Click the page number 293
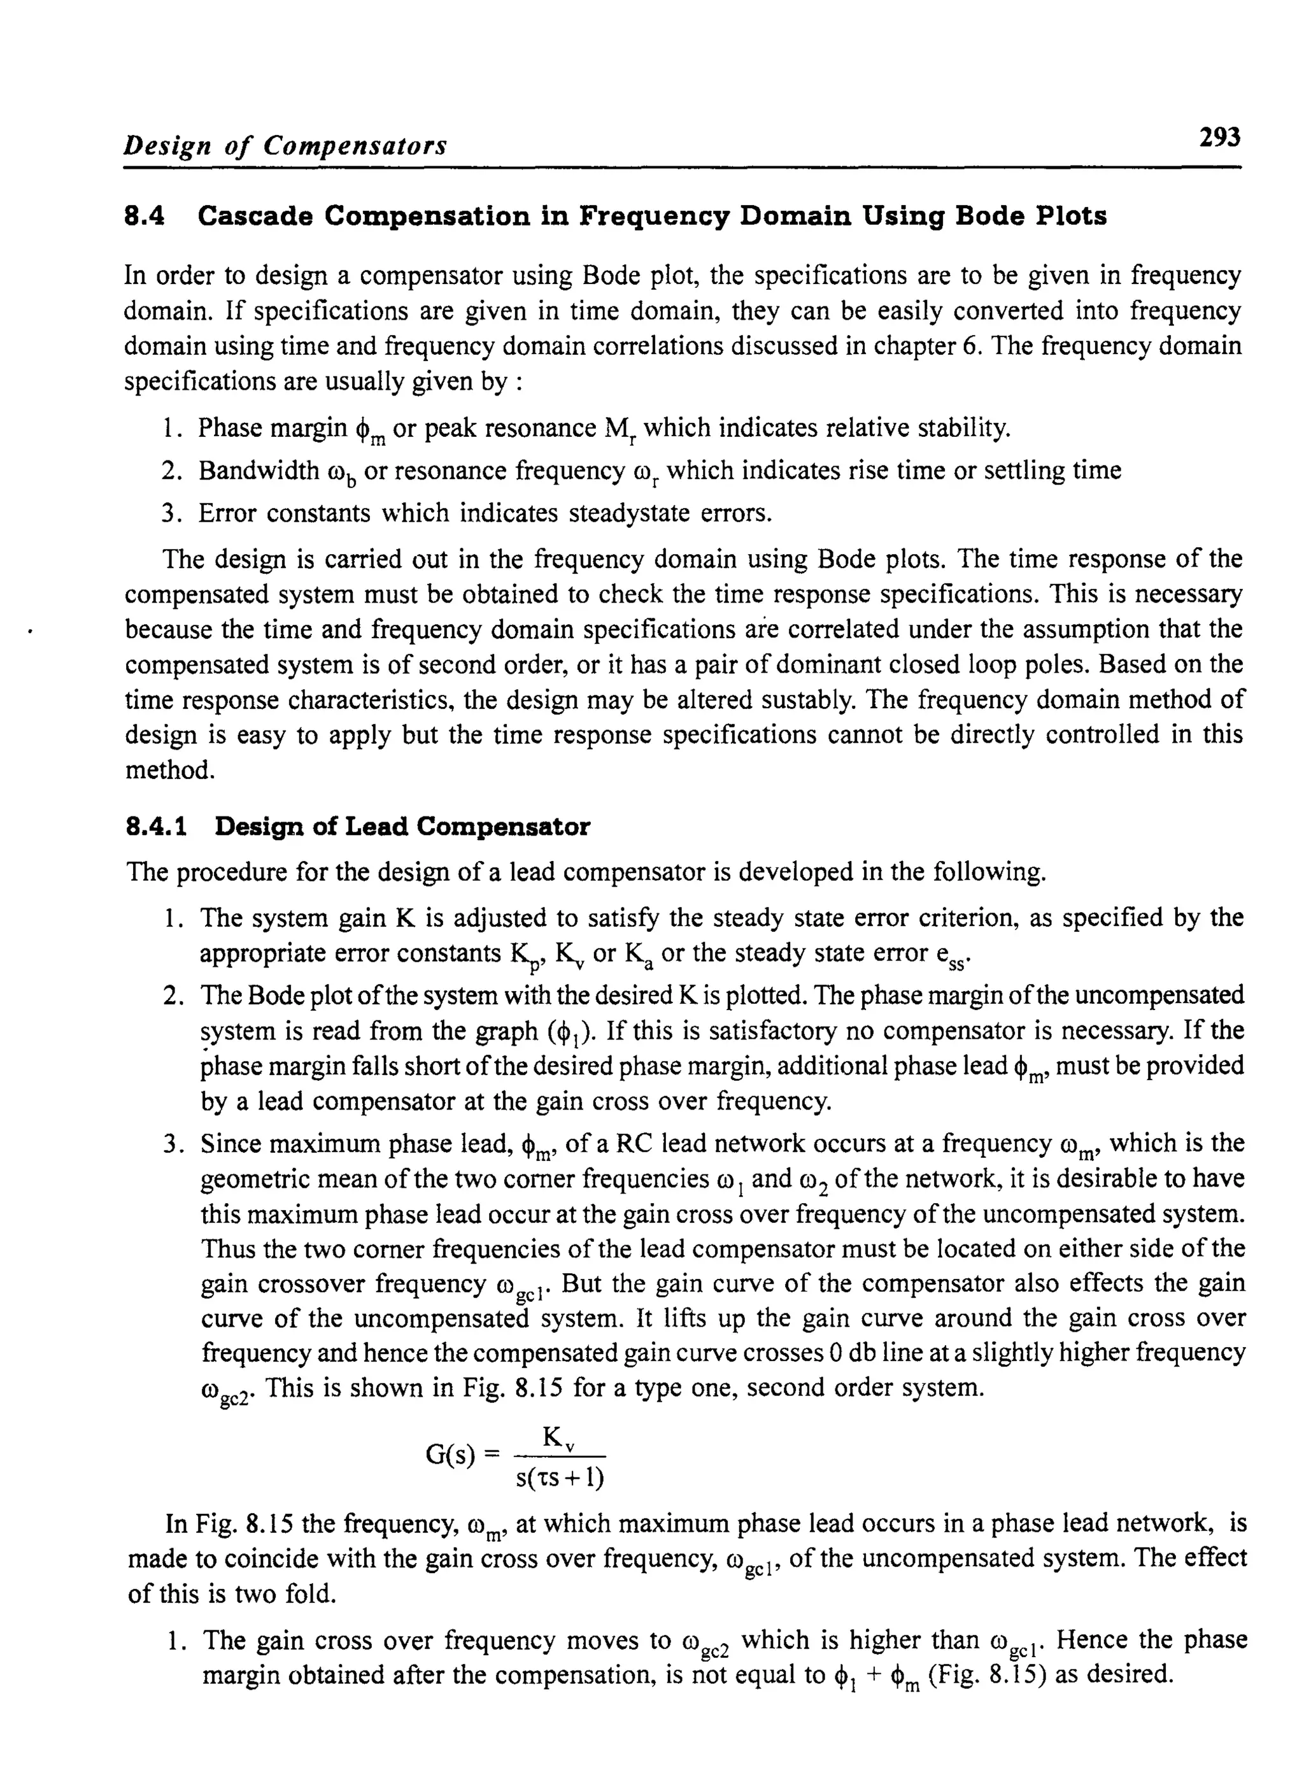click(1219, 138)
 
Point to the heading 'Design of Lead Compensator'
click(402, 827)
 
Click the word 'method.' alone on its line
click(171, 770)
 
